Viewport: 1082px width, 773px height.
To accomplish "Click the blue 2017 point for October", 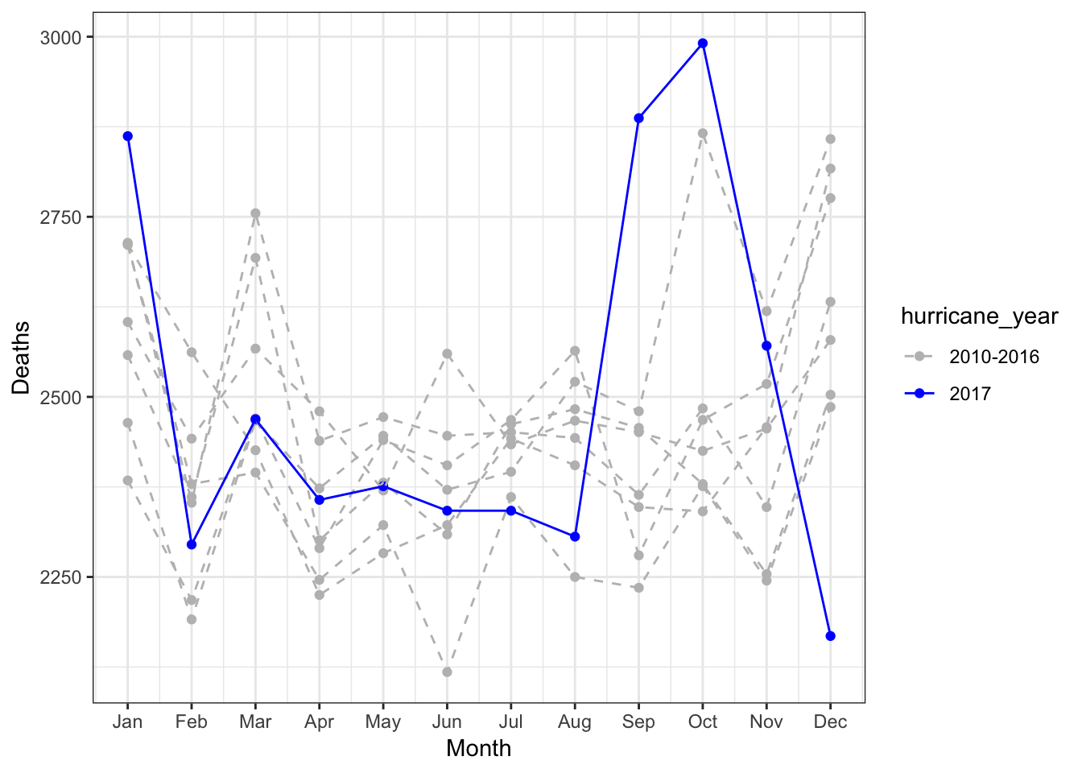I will pyautogui.click(x=703, y=43).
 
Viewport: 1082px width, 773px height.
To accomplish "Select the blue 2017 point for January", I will pyautogui.click(x=127, y=136).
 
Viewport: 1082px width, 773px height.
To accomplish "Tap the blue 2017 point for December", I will pyautogui.click(x=830, y=636).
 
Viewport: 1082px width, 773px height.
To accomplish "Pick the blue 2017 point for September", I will pyautogui.click(x=638, y=118).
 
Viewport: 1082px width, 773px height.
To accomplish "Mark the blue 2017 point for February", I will pyautogui.click(x=192, y=544).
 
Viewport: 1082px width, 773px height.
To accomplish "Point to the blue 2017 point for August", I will pyautogui.click(x=575, y=536).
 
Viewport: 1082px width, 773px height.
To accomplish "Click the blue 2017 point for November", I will pyautogui.click(x=766, y=345).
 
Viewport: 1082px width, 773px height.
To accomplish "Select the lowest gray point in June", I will pyautogui.click(x=447, y=672).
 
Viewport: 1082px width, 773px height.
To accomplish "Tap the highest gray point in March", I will pyautogui.click(x=255, y=213).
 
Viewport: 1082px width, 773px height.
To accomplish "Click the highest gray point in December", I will pyautogui.click(x=830, y=139).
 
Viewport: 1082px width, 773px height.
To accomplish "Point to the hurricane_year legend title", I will pyautogui.click(x=979, y=316).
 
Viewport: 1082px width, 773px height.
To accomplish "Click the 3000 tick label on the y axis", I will pyautogui.click(x=60, y=37).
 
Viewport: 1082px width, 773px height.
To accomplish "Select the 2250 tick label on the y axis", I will pyautogui.click(x=60, y=577).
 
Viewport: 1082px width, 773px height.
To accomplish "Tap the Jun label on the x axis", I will pyautogui.click(x=447, y=721).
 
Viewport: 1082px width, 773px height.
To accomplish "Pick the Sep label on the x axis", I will pyautogui.click(x=638, y=721).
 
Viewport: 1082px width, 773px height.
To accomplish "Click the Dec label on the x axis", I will pyautogui.click(x=830, y=721).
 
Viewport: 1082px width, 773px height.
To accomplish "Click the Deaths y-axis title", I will pyautogui.click(x=21, y=358).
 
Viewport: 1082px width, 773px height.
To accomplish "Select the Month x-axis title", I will pyautogui.click(x=478, y=749).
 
